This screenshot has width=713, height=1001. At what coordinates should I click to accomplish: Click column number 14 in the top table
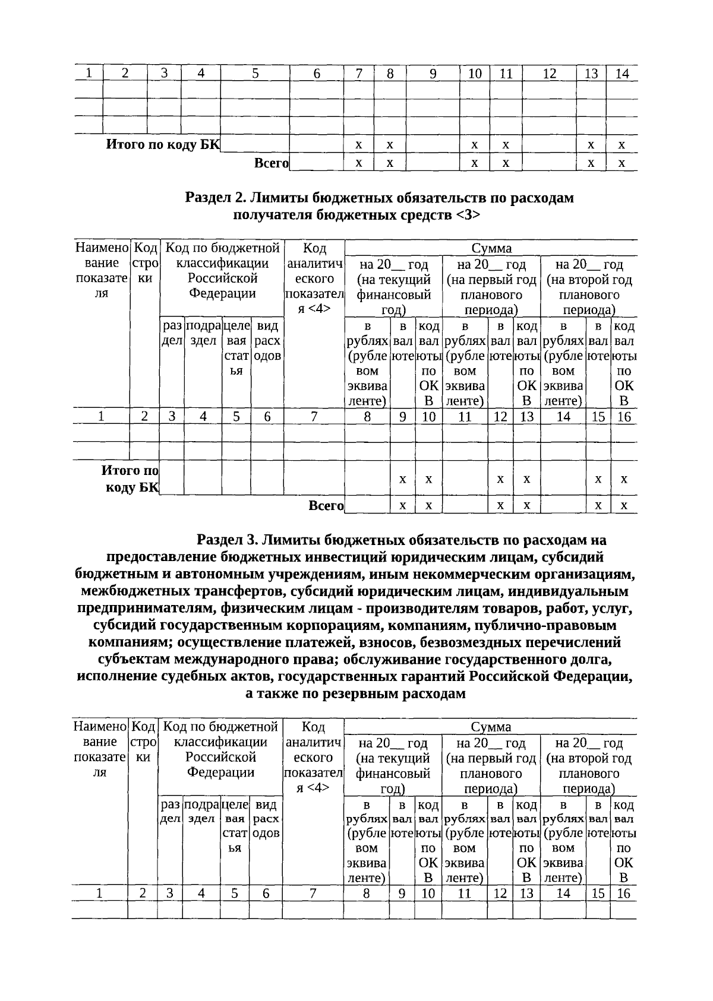coord(621,74)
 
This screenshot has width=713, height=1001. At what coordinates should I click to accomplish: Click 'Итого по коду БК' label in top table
coord(162,144)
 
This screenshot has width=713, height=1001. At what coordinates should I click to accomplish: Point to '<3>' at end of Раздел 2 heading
coord(468,215)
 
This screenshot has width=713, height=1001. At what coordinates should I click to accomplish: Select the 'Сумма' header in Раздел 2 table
coord(491,248)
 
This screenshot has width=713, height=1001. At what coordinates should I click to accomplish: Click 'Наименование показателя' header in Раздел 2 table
coord(102,271)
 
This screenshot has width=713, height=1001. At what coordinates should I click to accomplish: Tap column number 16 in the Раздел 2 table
coord(624,417)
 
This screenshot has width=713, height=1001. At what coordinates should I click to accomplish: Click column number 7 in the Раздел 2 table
coord(314,417)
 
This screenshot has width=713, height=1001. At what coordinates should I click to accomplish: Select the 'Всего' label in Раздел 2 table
coord(326,505)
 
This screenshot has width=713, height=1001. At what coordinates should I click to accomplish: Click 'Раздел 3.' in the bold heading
coord(227,540)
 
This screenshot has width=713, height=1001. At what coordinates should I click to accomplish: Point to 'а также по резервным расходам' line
coord(355,693)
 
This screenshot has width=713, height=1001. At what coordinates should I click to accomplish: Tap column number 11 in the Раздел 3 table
coord(464,894)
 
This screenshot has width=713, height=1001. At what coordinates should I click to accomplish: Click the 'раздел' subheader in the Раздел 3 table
coord(171,812)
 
